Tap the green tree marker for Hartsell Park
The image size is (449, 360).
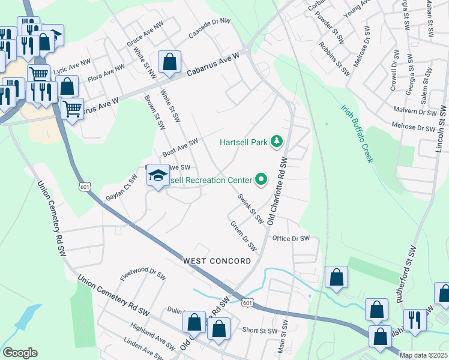[x=277, y=142]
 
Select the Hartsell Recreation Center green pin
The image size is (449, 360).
[x=261, y=179]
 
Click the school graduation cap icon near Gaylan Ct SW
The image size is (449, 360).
[x=158, y=175]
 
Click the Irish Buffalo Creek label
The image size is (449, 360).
[x=357, y=133]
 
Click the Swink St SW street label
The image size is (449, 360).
[x=250, y=209]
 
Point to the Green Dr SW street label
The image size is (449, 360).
[x=244, y=236]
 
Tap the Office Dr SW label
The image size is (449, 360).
[x=291, y=238]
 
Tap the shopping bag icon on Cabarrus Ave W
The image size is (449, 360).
[x=170, y=61]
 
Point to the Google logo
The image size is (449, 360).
[x=20, y=353]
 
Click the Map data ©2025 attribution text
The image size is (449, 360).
[x=423, y=355]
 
